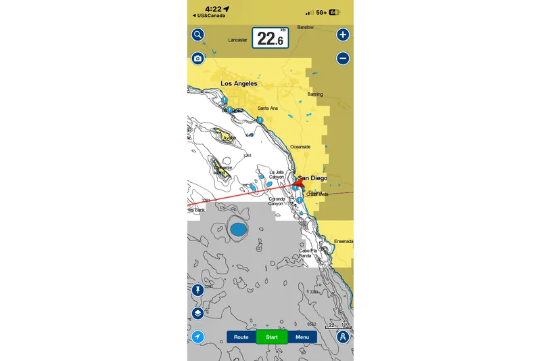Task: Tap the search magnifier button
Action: pyautogui.click(x=197, y=35)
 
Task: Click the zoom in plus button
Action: pyautogui.click(x=343, y=35)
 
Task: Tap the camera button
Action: pyautogui.click(x=197, y=58)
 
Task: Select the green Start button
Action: pyautogui.click(x=272, y=337)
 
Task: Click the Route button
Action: pyautogui.click(x=241, y=337)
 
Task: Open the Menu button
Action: pyautogui.click(x=302, y=337)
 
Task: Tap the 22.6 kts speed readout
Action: pyautogui.click(x=270, y=39)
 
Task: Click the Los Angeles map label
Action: pyautogui.click(x=239, y=84)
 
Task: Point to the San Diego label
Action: pyautogui.click(x=313, y=178)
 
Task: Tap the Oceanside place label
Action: pyautogui.click(x=300, y=146)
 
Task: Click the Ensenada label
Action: pyautogui.click(x=344, y=241)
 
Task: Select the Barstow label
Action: pyautogui.click(x=306, y=28)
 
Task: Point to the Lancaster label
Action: pyautogui.click(x=239, y=41)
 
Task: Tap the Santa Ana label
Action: pyautogui.click(x=268, y=108)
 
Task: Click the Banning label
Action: pyautogui.click(x=315, y=94)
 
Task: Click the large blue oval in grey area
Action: pyautogui.click(x=238, y=230)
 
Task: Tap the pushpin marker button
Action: pyautogui.click(x=197, y=290)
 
